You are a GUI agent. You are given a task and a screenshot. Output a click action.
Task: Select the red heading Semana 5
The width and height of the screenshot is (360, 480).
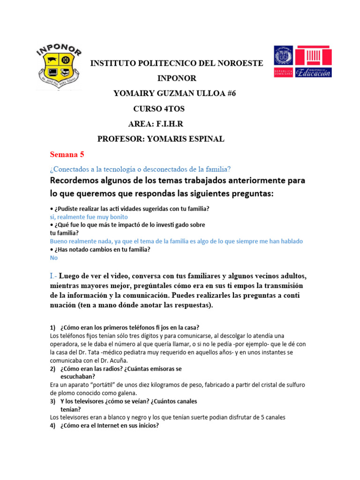pyautogui.click(x=67, y=154)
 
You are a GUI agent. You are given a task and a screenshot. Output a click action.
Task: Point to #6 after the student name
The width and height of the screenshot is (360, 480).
pyautogui.click(x=230, y=93)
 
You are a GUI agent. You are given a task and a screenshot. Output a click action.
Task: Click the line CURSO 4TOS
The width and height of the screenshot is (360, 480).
pyautogui.click(x=159, y=109)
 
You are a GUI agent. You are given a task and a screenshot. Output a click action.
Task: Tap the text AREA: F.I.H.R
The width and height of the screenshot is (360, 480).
pyautogui.click(x=156, y=124)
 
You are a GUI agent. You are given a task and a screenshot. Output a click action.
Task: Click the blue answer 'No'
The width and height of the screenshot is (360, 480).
pyautogui.click(x=54, y=258)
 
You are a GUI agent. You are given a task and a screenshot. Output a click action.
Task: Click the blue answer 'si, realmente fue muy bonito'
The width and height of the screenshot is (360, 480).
pyautogui.click(x=89, y=217)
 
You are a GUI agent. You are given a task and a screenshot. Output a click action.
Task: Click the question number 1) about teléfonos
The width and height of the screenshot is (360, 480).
pyautogui.click(x=53, y=327)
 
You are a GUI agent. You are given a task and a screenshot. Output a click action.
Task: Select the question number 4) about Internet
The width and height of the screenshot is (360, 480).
pyautogui.click(x=53, y=426)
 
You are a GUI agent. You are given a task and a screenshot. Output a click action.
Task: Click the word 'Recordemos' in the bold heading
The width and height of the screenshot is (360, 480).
pyautogui.click(x=76, y=180)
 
